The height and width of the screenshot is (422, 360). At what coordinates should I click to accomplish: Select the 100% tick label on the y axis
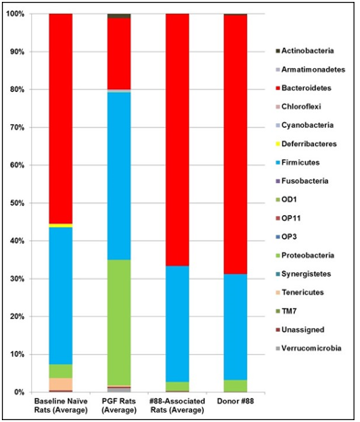point(18,15)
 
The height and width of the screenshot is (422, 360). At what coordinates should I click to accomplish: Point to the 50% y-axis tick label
point(20,203)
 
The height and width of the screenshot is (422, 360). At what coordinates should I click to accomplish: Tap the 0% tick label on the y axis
point(23,393)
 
